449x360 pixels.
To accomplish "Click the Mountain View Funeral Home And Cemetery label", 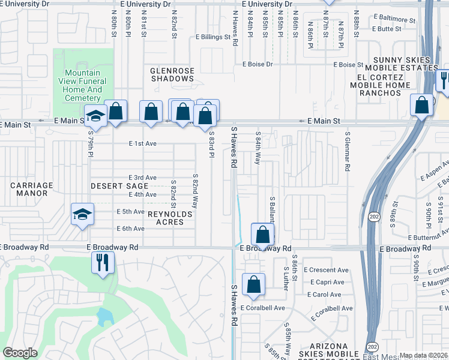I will tap(83, 86).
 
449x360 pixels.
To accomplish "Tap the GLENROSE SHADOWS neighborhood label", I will tap(172, 74).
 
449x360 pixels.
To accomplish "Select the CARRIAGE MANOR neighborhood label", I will tap(32, 190).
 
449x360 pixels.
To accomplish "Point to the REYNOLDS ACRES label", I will tap(171, 218).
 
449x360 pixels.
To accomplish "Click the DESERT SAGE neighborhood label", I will tap(119, 186).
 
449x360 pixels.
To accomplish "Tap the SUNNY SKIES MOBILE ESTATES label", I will tap(402, 64).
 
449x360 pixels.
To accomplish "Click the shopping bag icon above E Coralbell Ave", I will tap(253, 284).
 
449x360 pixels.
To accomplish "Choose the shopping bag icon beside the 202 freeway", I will tap(422, 104).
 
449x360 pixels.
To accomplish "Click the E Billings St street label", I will tap(212, 37).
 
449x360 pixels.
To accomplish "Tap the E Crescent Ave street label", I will tap(326, 270).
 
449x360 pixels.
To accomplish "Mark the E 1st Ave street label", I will tap(143, 143).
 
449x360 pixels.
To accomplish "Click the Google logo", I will tap(19, 353).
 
